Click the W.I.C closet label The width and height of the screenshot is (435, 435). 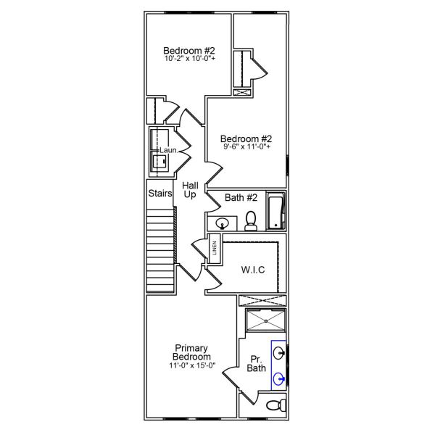[x=253, y=270]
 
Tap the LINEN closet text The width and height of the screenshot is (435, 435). [x=215, y=249]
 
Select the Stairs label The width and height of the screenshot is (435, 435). [x=160, y=194]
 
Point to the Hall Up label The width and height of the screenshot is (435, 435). [x=190, y=190]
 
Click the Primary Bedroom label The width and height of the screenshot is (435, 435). [x=192, y=352]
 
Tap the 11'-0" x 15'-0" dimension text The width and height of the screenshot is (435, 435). [x=192, y=365]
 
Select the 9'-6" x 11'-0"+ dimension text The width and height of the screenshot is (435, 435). [x=246, y=147]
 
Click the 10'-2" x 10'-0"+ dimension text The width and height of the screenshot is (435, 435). [x=188, y=59]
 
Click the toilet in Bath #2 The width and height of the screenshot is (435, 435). [x=251, y=220]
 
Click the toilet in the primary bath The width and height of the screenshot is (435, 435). [x=275, y=405]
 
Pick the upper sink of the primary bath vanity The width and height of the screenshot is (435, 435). [x=279, y=353]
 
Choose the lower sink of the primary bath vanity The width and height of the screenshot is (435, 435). [x=279, y=378]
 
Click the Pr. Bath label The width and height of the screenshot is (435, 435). [x=257, y=364]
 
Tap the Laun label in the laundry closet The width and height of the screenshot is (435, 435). [x=167, y=150]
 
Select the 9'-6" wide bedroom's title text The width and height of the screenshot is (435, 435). [x=246, y=138]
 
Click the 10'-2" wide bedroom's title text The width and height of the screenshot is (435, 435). [x=188, y=50]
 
